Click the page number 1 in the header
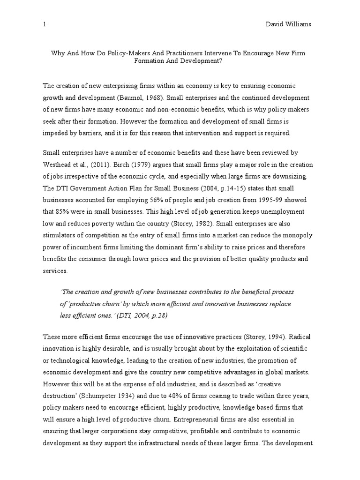(45, 23)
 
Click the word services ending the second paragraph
(55, 270)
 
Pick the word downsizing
(291, 176)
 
